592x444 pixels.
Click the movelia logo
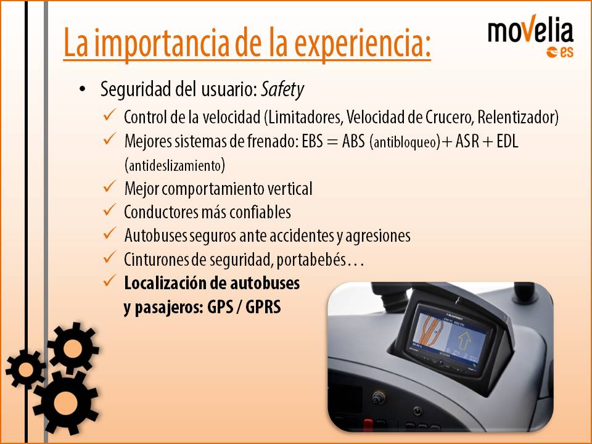click(x=530, y=36)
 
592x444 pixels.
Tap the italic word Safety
click(x=282, y=90)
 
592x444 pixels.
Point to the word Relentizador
click(x=517, y=117)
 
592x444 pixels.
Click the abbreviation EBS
click(x=312, y=141)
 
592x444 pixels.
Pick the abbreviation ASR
click(x=467, y=141)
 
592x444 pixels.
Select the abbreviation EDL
click(x=508, y=141)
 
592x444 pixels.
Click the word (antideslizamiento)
click(x=175, y=165)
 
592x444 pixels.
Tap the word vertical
click(x=290, y=189)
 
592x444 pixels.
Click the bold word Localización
click(x=165, y=283)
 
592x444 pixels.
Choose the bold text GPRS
click(x=263, y=307)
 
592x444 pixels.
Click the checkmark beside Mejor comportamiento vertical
click(x=109, y=186)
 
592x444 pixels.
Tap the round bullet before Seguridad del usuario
click(x=82, y=90)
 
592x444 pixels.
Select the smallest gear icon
click(x=25, y=369)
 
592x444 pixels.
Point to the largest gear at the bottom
click(x=65, y=401)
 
